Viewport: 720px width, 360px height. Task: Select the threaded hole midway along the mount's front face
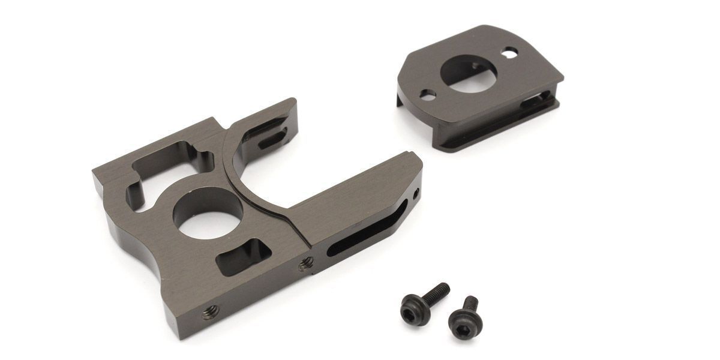point(307,261)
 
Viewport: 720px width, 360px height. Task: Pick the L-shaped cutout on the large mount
point(150,174)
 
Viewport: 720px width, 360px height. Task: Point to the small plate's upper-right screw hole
point(509,55)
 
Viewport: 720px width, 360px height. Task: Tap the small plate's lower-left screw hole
point(428,94)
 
